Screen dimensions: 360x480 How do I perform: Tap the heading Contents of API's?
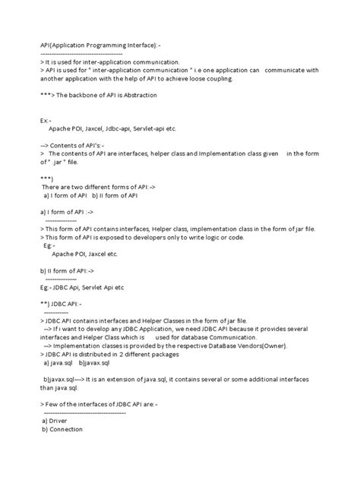[81, 144]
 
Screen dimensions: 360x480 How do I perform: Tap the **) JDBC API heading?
[65, 305]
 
